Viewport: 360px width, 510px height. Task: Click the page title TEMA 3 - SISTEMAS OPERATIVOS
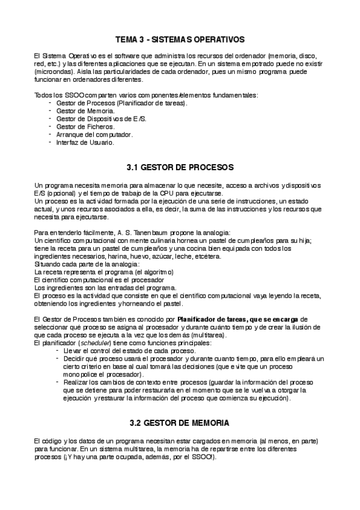[x=180, y=39]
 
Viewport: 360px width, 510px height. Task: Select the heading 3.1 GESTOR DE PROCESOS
[x=180, y=166]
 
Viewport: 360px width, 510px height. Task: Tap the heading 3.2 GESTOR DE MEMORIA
[x=180, y=423]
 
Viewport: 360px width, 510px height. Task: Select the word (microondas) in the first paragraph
[x=53, y=71]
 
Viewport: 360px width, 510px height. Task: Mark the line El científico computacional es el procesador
[x=99, y=280]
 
